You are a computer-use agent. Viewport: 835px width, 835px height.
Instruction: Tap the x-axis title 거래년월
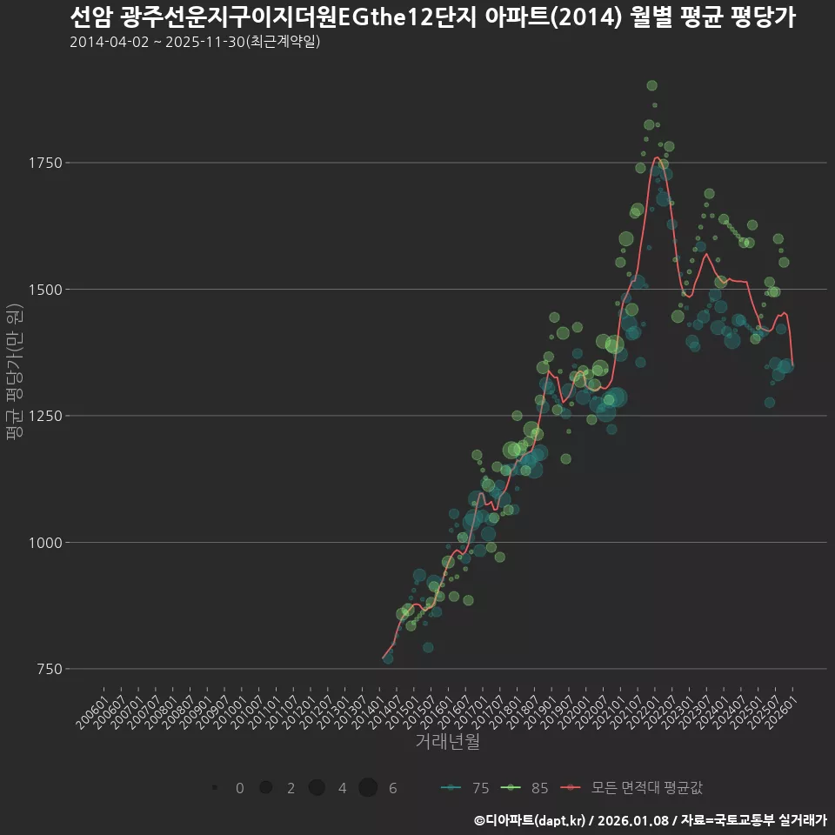click(447, 742)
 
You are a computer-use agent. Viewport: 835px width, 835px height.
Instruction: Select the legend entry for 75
click(464, 788)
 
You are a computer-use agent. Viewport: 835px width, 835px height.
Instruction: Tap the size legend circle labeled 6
click(368, 788)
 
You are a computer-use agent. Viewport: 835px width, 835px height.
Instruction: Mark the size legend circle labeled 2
click(266, 788)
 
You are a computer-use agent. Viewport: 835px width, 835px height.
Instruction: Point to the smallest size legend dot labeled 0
click(214, 788)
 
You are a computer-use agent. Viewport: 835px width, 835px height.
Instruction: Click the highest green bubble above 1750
click(652, 85)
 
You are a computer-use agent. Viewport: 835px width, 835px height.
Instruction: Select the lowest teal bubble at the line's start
click(388, 659)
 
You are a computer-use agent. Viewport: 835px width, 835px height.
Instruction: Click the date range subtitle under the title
click(195, 42)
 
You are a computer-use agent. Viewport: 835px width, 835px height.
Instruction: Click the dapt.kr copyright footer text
click(651, 819)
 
